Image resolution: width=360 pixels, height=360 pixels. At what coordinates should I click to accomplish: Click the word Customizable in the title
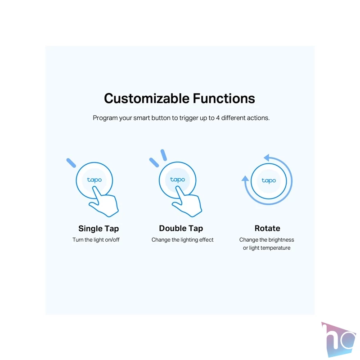pyautogui.click(x=147, y=99)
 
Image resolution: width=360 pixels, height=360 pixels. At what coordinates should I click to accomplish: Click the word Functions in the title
pyautogui.click(x=224, y=99)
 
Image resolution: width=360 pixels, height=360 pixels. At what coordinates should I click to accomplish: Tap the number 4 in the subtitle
pyautogui.click(x=218, y=118)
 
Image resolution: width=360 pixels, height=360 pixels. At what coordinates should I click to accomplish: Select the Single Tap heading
pyautogui.click(x=99, y=229)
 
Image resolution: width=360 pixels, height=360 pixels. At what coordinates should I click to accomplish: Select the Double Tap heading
pyautogui.click(x=181, y=229)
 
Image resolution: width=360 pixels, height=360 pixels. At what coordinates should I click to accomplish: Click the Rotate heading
pyautogui.click(x=267, y=229)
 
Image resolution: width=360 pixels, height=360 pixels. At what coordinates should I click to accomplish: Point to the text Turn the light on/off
pyautogui.click(x=96, y=240)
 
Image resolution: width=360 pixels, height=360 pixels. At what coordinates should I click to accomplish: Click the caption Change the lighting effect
pyautogui.click(x=183, y=240)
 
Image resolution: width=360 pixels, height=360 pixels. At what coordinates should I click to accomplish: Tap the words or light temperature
pyautogui.click(x=266, y=248)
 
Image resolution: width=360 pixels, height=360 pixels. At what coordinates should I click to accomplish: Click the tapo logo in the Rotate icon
pyautogui.click(x=269, y=181)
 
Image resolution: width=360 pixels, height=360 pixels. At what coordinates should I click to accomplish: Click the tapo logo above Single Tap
pyautogui.click(x=94, y=180)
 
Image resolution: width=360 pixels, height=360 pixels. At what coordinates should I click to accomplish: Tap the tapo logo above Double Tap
pyautogui.click(x=177, y=180)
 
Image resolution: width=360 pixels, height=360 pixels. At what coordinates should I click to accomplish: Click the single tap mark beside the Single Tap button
pyautogui.click(x=71, y=163)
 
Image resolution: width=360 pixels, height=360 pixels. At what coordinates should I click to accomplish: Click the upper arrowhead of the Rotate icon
pyautogui.click(x=266, y=158)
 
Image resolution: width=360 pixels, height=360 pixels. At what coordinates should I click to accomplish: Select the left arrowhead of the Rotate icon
pyautogui.click(x=245, y=179)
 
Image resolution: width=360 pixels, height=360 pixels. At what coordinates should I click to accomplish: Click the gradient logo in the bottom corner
pyautogui.click(x=338, y=339)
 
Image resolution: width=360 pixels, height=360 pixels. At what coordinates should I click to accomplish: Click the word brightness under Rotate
pyautogui.click(x=281, y=240)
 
